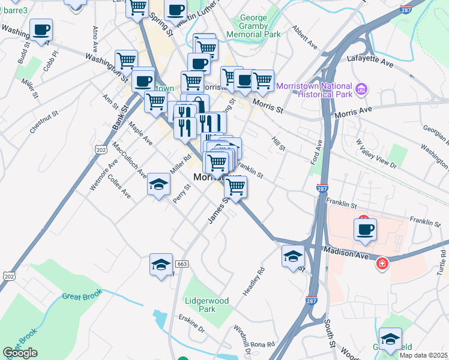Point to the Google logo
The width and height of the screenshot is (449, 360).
(x=20, y=352)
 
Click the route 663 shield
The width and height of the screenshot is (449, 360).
(x=182, y=263)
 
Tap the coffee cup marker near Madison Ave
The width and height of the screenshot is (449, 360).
(x=366, y=230)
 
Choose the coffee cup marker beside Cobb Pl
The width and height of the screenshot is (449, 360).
(x=41, y=31)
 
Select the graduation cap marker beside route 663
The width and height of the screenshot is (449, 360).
(x=161, y=265)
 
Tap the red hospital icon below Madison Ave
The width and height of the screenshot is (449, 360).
(x=382, y=263)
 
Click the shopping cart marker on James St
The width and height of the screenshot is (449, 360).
(x=236, y=188)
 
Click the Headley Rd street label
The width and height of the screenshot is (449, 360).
(x=253, y=281)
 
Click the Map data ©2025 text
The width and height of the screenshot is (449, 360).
(x=424, y=355)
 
